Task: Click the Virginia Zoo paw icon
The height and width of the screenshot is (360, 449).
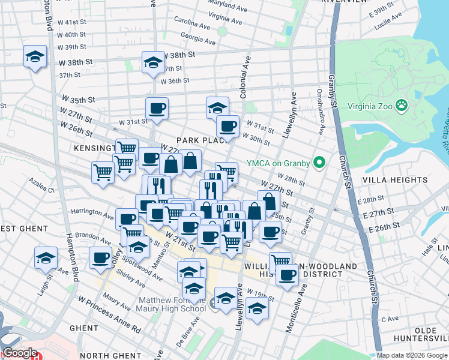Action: coord(402,107)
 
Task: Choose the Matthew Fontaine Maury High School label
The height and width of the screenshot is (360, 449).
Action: coord(172,304)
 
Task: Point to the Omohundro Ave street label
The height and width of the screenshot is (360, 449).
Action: coord(321,112)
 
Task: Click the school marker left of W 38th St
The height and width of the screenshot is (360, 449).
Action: coord(35,57)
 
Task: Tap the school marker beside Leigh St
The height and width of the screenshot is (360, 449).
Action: coord(46,258)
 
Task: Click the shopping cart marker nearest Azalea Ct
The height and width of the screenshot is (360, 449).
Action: coord(103,172)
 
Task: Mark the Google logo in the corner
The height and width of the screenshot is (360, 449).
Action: coord(19,353)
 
